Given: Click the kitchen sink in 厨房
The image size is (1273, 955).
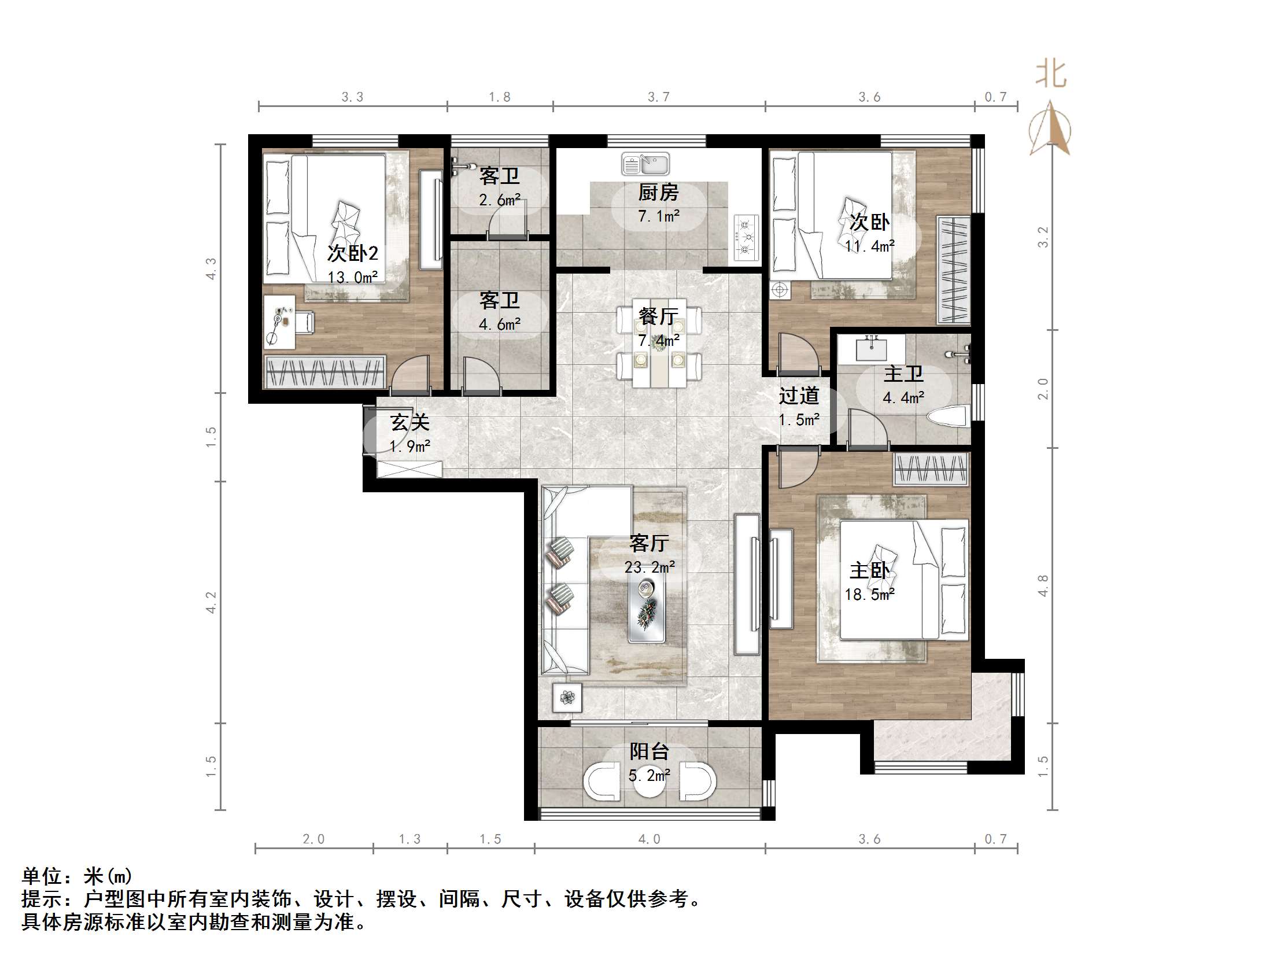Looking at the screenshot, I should coord(645,164).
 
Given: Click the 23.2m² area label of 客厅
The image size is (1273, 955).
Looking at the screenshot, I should coord(649,567).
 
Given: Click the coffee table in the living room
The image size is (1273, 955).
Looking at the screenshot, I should coord(647,609).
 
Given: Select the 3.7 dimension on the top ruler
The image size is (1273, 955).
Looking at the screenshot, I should coord(658,97).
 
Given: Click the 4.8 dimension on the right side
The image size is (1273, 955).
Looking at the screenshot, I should coord(1042,585).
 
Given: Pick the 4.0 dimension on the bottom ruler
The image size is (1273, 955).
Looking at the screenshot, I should coord(649,839).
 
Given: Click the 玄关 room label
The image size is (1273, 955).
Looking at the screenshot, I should coord(409,422).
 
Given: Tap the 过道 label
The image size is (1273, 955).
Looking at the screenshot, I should coord(799,396).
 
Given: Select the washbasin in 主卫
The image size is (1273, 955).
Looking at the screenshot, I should coord(871,349).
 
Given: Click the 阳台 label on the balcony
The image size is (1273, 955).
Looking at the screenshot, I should coord(649,751).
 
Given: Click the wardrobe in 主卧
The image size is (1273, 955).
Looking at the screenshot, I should coord(931,469).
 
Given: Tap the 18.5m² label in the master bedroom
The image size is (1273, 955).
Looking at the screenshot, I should coord(869,594).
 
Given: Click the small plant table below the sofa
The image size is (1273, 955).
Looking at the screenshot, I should coord(567,698).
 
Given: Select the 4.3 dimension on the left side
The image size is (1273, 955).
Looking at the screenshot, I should coord(212,268).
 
